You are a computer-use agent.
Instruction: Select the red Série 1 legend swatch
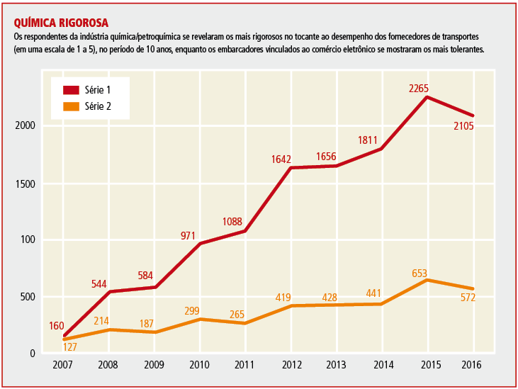71,90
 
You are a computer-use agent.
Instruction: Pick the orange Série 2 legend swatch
71,107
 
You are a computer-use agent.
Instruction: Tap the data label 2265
420,88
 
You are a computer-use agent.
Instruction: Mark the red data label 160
57,326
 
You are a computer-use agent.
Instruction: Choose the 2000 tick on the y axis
26,126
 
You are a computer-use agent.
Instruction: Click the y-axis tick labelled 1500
26,184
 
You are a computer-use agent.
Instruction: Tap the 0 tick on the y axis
33,354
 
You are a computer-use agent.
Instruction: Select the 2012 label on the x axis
292,364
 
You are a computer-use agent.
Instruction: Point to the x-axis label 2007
63,364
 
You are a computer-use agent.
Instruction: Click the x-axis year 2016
473,364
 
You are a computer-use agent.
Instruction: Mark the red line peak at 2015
427,96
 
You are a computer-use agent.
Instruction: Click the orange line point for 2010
200,319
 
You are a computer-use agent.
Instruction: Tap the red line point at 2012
291,168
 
